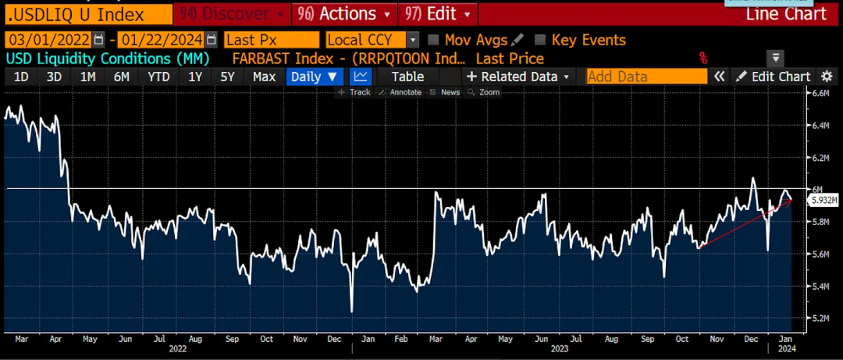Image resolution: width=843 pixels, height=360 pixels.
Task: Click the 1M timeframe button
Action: (88, 77)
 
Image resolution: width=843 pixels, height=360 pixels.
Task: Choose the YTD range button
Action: (158, 77)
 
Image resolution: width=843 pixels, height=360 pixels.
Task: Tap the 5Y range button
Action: (227, 77)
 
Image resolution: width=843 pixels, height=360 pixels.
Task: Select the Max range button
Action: (264, 77)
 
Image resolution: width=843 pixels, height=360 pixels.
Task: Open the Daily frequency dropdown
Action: (314, 77)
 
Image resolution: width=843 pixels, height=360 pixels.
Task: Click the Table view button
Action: (407, 77)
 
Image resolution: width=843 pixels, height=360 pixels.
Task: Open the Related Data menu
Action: (518, 77)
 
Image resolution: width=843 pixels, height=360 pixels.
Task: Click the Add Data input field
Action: (646, 77)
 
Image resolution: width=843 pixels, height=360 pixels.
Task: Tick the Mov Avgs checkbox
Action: (435, 40)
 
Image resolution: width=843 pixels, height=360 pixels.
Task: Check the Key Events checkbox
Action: (540, 40)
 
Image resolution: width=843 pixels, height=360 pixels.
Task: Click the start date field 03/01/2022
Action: (48, 40)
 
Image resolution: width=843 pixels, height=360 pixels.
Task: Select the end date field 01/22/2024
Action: (162, 40)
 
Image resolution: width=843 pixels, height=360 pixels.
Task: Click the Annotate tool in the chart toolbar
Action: (405, 92)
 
